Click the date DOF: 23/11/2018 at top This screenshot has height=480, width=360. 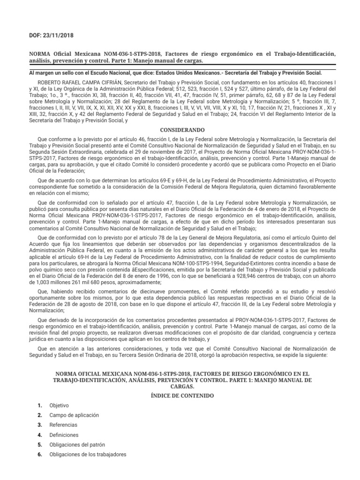(x=46, y=35)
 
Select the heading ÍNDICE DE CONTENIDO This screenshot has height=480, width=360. (x=180, y=396)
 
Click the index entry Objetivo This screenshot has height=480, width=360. (x=59, y=405)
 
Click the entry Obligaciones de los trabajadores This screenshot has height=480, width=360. (x=88, y=454)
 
